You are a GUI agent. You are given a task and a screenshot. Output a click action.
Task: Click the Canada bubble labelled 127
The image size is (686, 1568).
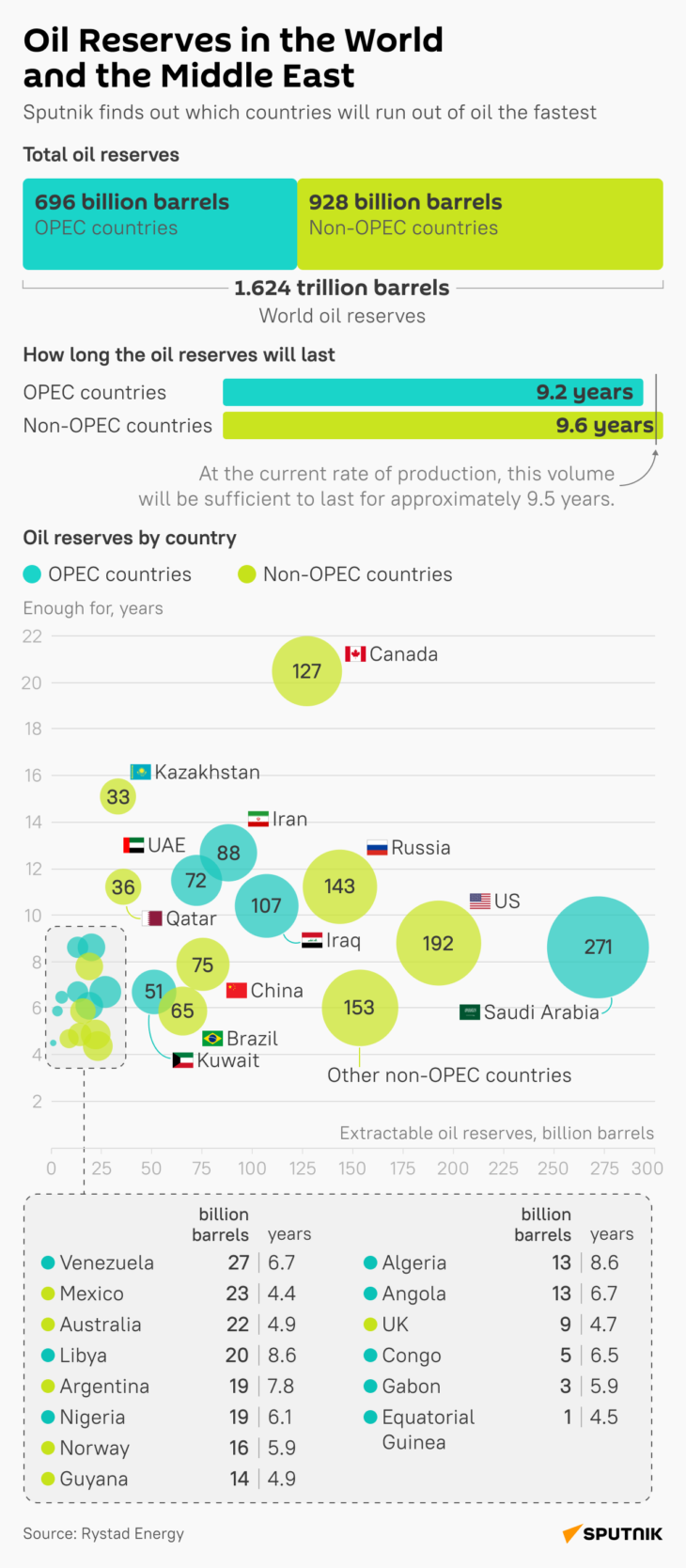306,671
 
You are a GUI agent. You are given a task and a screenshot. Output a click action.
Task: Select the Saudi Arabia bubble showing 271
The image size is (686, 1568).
598,947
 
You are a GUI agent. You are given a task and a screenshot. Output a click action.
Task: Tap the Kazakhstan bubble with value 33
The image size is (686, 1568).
117,797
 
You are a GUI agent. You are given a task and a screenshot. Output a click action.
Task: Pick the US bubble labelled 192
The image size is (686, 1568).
438,943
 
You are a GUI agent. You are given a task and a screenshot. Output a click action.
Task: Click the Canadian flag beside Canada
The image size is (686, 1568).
355,654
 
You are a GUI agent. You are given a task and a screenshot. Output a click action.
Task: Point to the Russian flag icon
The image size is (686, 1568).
377,848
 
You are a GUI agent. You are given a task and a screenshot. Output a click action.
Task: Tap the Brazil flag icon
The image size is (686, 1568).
212,1039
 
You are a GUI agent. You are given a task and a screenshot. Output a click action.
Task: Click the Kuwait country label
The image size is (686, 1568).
227,1060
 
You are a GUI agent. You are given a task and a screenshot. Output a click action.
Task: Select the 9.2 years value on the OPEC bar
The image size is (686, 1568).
585,392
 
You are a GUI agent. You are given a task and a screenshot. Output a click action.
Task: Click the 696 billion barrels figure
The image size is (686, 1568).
132,202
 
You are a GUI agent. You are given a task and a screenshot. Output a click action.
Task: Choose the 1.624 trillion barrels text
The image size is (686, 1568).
342,288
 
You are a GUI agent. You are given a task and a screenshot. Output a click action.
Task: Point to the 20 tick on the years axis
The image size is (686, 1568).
32,683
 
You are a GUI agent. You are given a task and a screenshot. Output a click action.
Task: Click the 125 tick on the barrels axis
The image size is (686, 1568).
302,1168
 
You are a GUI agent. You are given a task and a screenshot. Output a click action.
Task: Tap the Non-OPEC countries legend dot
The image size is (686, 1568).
247,574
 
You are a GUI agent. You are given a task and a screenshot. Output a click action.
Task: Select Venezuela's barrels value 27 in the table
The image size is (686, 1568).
239,1262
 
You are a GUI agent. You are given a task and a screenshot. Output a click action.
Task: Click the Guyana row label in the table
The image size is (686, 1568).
93,1479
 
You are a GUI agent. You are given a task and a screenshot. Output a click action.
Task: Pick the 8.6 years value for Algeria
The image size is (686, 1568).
604,1262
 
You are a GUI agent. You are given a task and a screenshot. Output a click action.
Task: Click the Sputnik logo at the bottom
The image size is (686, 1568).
613,1533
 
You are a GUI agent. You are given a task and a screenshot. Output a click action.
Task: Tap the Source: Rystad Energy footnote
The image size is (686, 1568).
103,1533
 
